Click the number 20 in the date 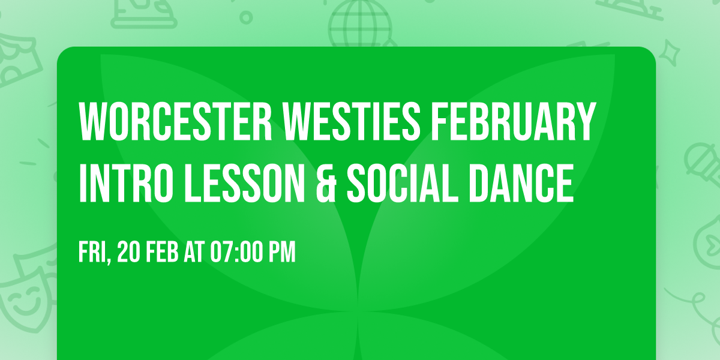129,253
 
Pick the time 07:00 235,253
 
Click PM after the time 281,253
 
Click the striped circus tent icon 18,57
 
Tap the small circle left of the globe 247,19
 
